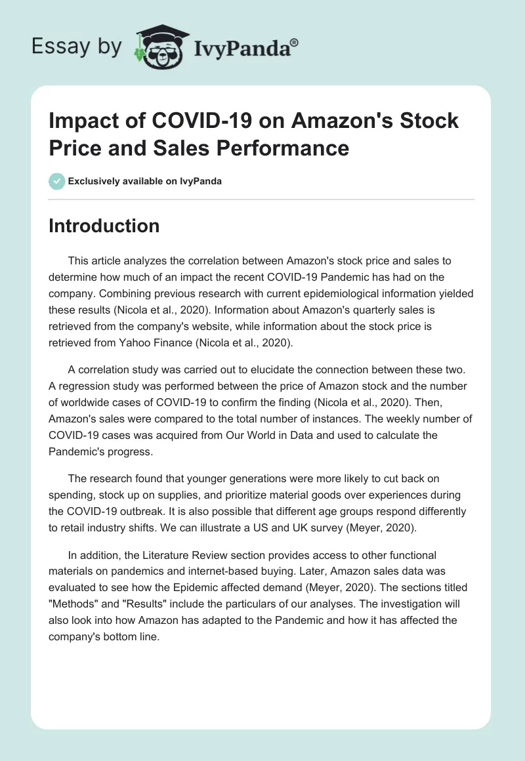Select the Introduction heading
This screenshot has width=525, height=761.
click(104, 226)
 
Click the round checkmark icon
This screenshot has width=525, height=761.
click(57, 181)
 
